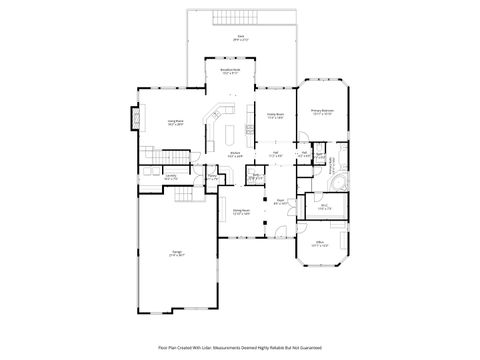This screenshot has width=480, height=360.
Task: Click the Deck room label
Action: (239, 36)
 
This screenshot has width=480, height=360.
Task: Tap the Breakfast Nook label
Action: (229, 72)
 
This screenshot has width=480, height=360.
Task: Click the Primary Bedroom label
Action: (322, 112)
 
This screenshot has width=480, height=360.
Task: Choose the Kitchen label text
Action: (234, 154)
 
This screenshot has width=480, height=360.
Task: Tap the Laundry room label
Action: (170, 177)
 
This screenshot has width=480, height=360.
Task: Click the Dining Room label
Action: (241, 211)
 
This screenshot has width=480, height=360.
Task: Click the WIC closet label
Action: (325, 207)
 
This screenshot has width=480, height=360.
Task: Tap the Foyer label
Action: (281, 202)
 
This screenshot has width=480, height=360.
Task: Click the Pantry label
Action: (212, 177)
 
